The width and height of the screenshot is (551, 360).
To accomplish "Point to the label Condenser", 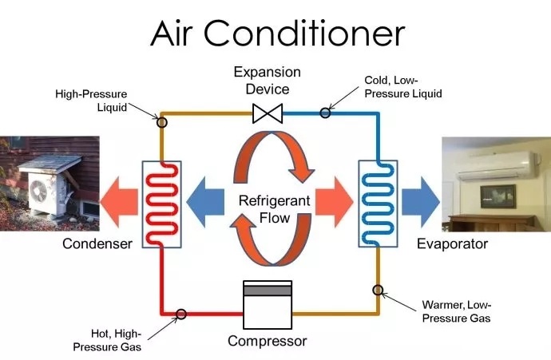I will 97,243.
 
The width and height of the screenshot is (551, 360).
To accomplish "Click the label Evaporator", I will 452,243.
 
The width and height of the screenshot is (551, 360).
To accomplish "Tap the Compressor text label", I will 267,341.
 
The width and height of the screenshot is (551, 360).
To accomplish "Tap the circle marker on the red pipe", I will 181,315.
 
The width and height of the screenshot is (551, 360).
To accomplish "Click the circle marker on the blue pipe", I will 325,113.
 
